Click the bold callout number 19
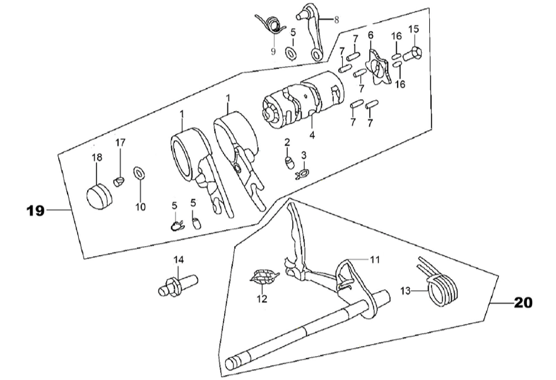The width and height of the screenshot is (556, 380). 35,211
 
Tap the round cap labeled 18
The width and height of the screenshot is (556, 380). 98,196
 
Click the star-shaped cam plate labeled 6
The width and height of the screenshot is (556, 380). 379,68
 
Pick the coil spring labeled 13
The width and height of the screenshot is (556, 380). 440,283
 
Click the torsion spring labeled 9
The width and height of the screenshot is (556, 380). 271,24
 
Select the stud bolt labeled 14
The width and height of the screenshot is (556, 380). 177,285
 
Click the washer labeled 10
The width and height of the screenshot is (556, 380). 139,173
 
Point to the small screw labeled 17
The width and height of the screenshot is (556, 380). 119,181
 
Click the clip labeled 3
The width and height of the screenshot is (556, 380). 303,174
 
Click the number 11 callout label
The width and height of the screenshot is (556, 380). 374,259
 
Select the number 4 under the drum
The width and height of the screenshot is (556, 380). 312,135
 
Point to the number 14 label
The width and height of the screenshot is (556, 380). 179,260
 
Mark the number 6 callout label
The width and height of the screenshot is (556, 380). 370,35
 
